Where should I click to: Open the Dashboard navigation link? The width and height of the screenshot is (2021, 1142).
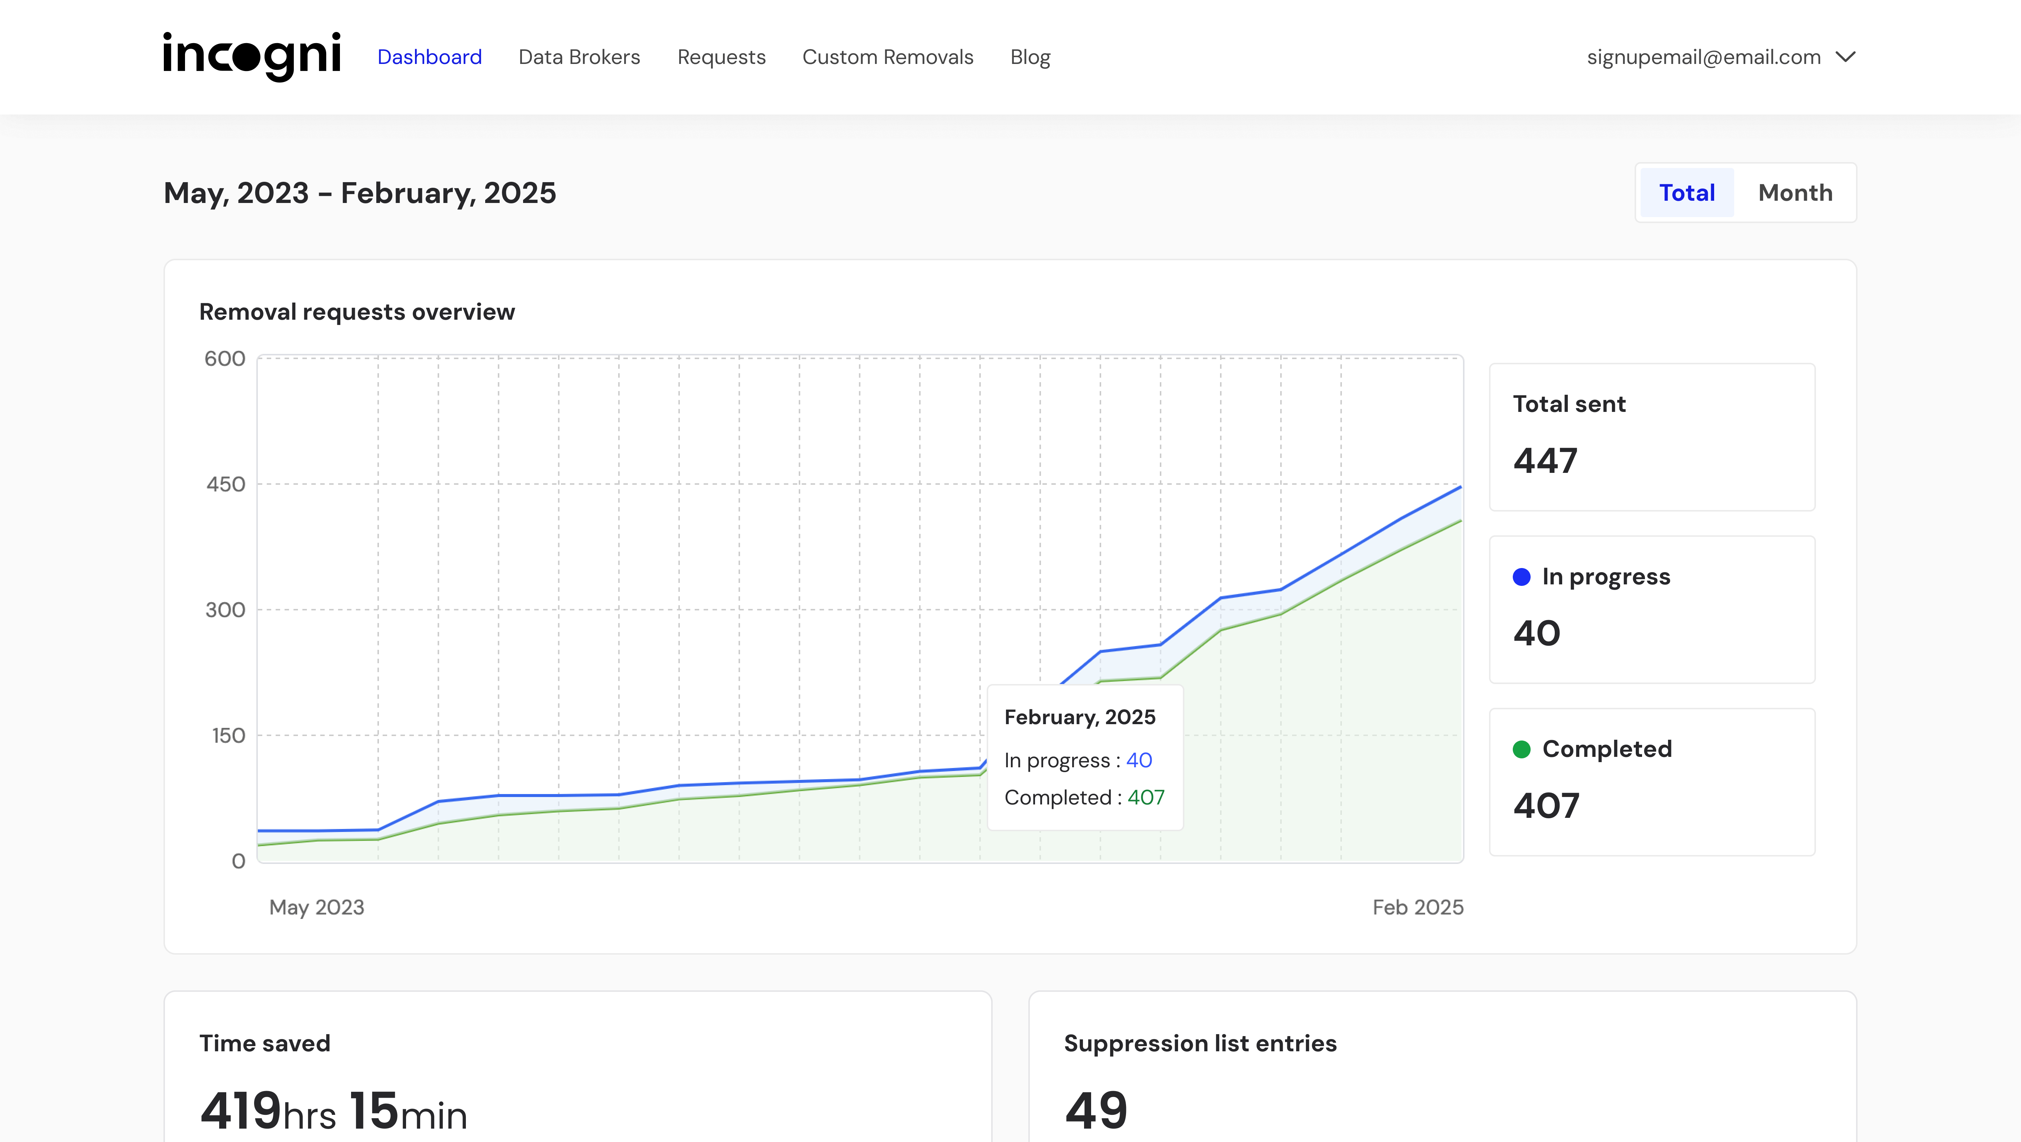click(x=429, y=57)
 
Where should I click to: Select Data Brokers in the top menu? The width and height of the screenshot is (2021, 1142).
click(x=579, y=57)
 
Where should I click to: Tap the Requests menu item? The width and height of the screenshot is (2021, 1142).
click(x=721, y=57)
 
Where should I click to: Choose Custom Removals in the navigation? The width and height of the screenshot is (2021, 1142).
click(x=887, y=57)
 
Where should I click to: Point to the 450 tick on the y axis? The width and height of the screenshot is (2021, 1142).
click(x=226, y=484)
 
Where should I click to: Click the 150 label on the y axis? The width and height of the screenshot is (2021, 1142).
click(x=228, y=735)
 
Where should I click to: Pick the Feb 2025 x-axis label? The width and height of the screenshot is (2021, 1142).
click(x=1418, y=907)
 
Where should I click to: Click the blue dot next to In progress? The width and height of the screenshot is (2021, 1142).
click(x=1521, y=577)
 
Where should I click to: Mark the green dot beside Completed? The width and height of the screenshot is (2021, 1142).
click(x=1521, y=749)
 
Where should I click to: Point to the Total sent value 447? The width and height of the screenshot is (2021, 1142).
click(x=1545, y=461)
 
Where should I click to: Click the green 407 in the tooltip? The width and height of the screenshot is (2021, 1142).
click(x=1145, y=797)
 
